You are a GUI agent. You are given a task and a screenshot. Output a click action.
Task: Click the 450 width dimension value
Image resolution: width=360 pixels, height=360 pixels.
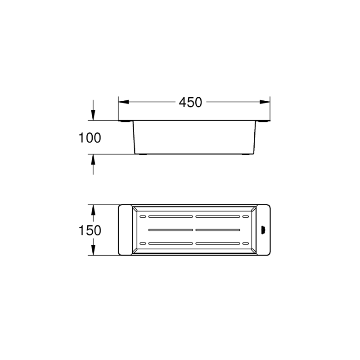point(190,103)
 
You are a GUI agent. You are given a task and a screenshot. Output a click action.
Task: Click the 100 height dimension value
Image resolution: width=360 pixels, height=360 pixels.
point(90,138)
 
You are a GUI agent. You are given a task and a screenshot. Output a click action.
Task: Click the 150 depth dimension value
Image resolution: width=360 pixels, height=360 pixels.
point(90,230)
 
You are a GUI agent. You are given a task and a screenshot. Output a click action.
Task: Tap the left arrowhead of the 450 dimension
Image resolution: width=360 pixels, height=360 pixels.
point(123,102)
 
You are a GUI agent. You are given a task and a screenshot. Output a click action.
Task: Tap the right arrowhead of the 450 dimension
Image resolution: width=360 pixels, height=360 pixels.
point(265,102)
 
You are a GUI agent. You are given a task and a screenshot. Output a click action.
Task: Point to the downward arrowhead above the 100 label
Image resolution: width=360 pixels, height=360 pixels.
point(93,115)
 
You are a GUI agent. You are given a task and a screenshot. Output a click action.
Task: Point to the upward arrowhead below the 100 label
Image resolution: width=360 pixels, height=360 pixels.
point(93,159)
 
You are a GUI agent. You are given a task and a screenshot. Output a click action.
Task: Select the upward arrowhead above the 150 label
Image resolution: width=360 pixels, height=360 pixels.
point(93,210)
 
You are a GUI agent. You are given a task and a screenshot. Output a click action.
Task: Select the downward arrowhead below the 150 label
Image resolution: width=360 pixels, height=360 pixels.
point(93,250)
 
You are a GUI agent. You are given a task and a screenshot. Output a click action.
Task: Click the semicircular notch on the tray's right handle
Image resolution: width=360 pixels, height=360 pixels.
point(263,230)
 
